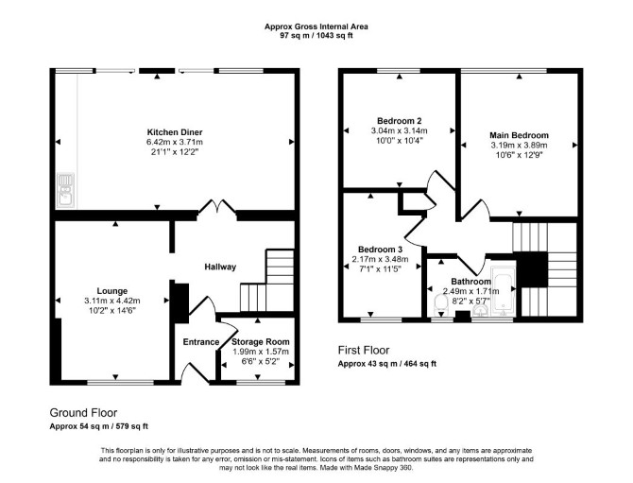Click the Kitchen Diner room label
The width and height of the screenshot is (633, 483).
(x=175, y=132)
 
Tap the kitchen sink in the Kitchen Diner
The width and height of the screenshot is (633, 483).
(x=65, y=190)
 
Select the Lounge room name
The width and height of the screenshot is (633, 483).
(x=111, y=291)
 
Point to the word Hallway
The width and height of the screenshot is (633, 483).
(x=220, y=267)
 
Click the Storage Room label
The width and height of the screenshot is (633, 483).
(x=261, y=341)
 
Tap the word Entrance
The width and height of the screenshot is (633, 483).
(x=201, y=342)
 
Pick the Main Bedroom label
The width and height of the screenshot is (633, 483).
(x=520, y=135)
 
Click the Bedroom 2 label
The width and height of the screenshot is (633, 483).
(x=400, y=121)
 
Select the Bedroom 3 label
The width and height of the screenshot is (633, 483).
(x=380, y=250)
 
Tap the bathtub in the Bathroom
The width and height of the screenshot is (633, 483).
(x=503, y=291)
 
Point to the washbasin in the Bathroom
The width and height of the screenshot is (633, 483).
(x=480, y=310)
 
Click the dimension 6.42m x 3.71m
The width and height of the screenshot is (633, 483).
(x=175, y=142)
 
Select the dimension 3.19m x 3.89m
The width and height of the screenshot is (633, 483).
(x=520, y=146)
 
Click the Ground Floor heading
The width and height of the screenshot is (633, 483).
(x=83, y=413)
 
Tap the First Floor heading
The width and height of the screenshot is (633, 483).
(x=364, y=350)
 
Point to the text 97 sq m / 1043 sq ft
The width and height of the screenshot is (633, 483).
(x=316, y=35)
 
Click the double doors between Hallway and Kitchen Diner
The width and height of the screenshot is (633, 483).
(x=217, y=208)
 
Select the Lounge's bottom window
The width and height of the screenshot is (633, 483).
(x=121, y=382)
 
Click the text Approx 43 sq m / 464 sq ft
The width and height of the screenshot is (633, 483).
(x=387, y=364)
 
